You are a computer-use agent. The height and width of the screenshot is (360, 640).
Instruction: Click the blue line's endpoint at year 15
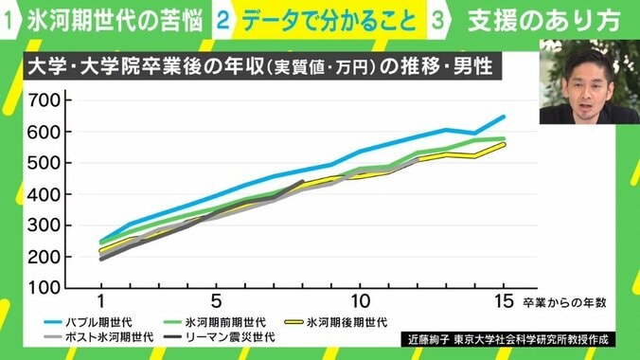coord(505,117)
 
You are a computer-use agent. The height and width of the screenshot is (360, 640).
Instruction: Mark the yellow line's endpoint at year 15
coord(505,144)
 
